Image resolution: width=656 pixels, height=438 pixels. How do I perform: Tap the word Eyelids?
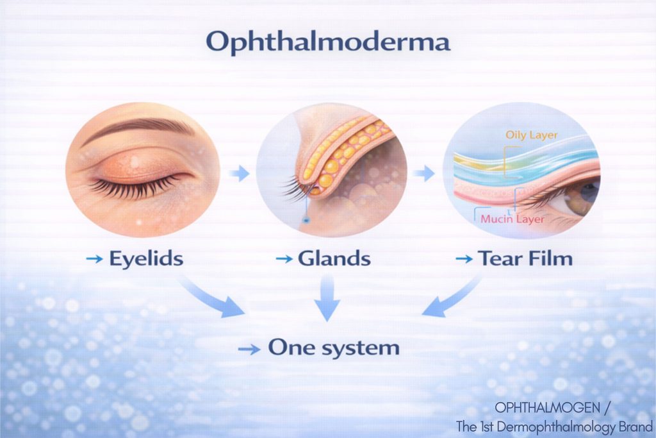pos(146,258)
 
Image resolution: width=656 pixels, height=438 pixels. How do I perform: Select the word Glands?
pos(334,258)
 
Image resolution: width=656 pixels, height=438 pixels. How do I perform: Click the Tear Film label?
pos(525,258)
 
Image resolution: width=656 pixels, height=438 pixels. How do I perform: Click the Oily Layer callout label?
pos(531,135)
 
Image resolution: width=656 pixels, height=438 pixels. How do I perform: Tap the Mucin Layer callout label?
pos(512,219)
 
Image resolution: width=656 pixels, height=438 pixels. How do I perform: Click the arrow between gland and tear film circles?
pos(424,173)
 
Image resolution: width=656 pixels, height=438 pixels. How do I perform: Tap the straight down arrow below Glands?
pos(327,298)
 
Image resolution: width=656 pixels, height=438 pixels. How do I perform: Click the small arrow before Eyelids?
pos(94,259)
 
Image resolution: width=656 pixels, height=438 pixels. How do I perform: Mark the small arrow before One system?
pos(249,350)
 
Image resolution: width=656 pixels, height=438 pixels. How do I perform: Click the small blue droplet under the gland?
pos(307,219)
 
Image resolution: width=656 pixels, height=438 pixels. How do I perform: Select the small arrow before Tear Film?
pos(464,259)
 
